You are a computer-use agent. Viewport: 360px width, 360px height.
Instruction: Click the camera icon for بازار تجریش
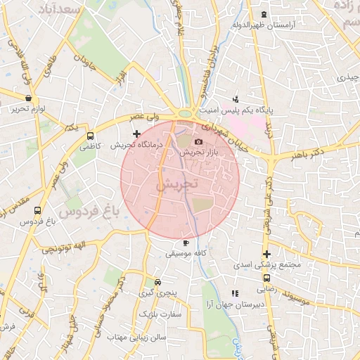point(198,142)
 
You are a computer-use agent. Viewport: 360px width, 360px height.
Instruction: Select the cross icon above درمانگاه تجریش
point(137,133)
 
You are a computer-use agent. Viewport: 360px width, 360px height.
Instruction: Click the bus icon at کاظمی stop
point(90,136)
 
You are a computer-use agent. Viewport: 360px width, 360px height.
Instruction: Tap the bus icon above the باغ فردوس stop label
point(37,210)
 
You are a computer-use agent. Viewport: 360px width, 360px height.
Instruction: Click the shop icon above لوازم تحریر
point(28,98)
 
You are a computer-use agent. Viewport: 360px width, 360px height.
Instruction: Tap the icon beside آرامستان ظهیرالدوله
point(264,15)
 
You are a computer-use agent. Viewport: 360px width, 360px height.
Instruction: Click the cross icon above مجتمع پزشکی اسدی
point(266,254)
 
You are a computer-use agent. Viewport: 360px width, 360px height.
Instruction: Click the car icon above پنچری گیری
point(157,281)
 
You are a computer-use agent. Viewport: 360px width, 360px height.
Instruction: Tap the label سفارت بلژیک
point(160,314)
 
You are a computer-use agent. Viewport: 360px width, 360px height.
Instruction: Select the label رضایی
point(266,288)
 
